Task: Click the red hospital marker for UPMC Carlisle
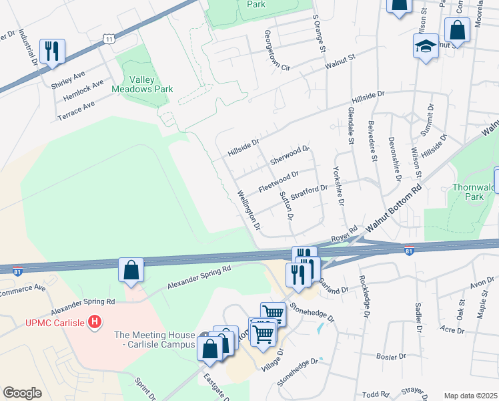tap(95, 322)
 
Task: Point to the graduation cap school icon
tap(425, 47)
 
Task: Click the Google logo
tap(22, 393)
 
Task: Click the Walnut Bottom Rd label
tap(394, 210)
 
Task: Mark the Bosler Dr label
tap(391, 356)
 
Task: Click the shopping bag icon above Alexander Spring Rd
tap(131, 270)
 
